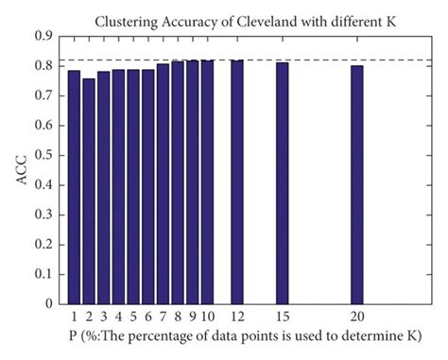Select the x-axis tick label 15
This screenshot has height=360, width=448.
coord(283,317)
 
